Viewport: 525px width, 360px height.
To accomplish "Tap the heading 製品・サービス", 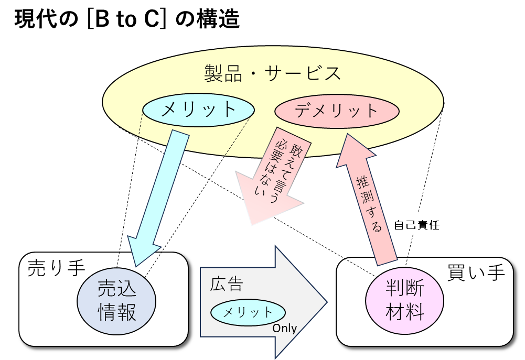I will (x=272, y=73).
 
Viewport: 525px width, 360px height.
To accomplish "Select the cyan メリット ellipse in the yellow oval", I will (x=199, y=110).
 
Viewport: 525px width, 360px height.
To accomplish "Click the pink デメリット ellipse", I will (x=336, y=111).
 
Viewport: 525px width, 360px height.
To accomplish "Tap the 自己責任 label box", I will (x=416, y=225).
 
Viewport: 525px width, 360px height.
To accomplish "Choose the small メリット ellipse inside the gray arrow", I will (x=248, y=313).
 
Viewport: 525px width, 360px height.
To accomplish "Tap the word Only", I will (x=284, y=329).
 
